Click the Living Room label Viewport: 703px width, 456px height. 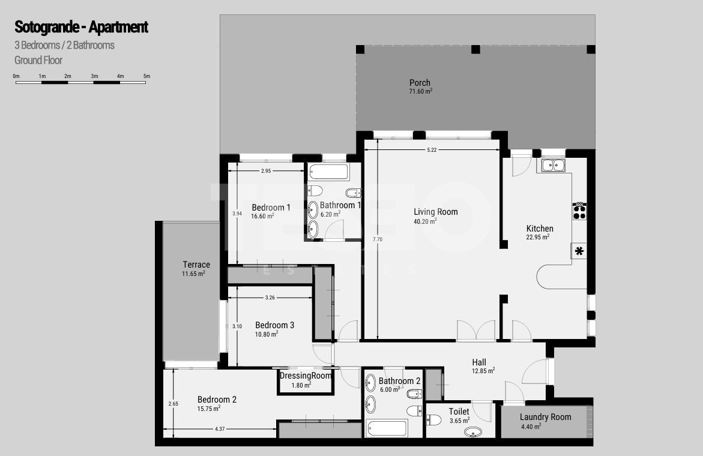point(436,212)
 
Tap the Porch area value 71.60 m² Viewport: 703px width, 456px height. point(421,91)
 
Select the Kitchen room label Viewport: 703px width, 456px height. point(540,229)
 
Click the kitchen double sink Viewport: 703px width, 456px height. point(554,165)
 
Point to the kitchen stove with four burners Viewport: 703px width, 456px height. point(579,211)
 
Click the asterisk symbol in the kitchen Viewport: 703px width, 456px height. point(579,251)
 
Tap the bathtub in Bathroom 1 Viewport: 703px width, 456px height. point(328,172)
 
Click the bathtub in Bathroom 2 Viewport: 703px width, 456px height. point(387,428)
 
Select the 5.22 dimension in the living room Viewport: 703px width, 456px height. point(432,150)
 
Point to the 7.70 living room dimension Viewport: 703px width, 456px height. point(378,239)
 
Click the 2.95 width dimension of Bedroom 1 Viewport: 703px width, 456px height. point(266,170)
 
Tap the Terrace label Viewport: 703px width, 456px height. point(196,265)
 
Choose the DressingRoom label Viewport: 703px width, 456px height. point(306,376)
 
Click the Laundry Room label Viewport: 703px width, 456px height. point(546,417)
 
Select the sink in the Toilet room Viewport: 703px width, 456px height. point(473,432)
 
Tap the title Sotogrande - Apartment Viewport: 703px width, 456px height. point(81,27)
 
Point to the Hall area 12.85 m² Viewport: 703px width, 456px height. point(483,371)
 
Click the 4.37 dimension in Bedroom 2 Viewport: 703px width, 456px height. point(220,428)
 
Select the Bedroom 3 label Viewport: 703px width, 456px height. point(275,325)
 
